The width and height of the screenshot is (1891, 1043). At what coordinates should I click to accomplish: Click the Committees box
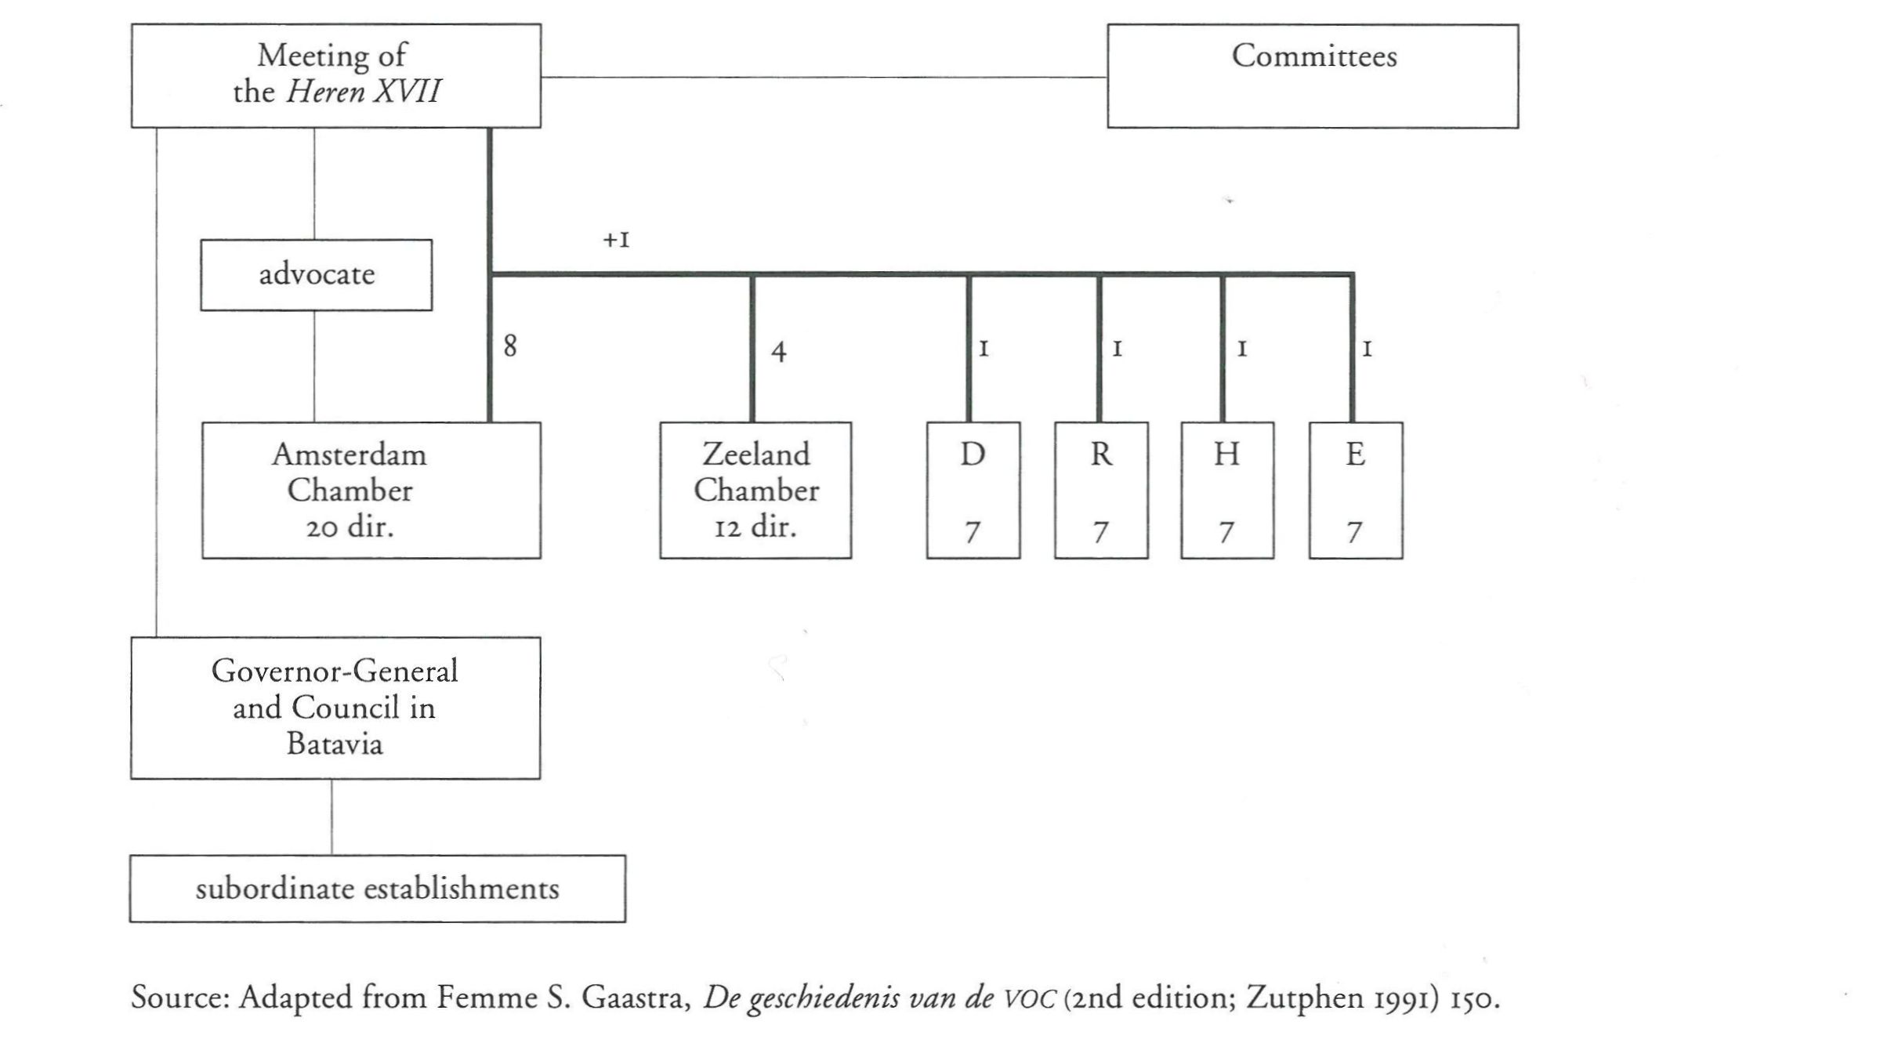[x=1313, y=76]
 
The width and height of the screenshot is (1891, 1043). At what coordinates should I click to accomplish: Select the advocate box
[x=316, y=275]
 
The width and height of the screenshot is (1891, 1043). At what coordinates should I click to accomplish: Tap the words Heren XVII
[x=363, y=92]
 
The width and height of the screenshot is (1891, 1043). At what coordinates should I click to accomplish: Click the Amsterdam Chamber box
[x=371, y=491]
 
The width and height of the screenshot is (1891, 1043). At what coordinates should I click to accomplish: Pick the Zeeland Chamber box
[x=755, y=491]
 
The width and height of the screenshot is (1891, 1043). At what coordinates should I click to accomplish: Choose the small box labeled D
[x=973, y=491]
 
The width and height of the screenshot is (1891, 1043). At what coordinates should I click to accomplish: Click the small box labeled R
[x=1101, y=491]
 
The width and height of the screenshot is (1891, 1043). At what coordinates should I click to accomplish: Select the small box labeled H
[x=1227, y=491]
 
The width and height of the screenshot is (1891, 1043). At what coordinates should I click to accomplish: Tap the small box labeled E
[x=1356, y=491]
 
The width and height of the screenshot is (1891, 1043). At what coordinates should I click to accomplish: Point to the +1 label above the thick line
[x=616, y=240]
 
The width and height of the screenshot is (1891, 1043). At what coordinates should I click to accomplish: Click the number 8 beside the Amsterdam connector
[x=510, y=346]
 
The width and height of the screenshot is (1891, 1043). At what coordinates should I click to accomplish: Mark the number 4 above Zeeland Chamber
[x=778, y=350]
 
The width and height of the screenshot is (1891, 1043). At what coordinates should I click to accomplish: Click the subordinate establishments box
[x=377, y=889]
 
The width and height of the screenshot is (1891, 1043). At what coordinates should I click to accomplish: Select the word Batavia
[x=335, y=743]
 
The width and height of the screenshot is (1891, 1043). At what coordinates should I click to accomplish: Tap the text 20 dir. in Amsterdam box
[x=350, y=527]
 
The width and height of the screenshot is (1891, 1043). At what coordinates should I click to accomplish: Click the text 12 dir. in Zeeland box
[x=755, y=527]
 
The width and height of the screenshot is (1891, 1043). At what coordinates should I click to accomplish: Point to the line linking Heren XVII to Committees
[x=823, y=77]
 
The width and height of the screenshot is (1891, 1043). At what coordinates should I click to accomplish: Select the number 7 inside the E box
[x=1354, y=533]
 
